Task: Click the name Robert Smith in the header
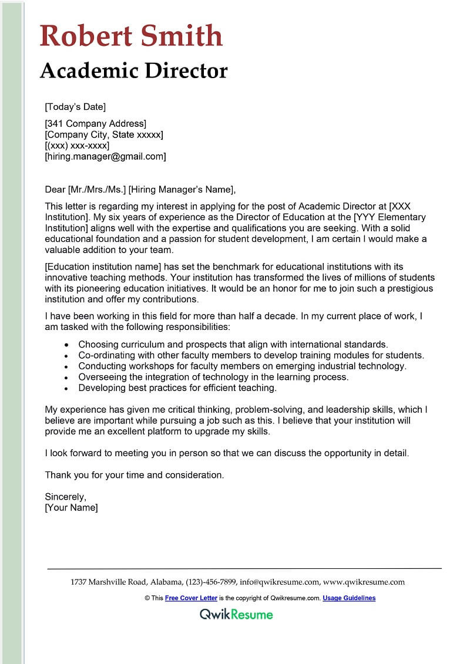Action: [x=131, y=36]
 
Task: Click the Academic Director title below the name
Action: [x=133, y=70]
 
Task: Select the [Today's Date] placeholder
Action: [x=75, y=107]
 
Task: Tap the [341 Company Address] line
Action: [x=95, y=123]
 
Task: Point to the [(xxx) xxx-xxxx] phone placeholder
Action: [x=77, y=146]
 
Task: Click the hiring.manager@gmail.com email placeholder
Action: [x=105, y=157]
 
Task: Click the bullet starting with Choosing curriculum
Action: [x=233, y=344]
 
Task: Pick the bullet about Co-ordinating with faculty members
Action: [x=251, y=355]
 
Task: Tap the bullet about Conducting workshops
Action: [x=242, y=366]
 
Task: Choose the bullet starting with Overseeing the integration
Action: [x=213, y=377]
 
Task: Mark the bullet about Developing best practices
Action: [x=177, y=388]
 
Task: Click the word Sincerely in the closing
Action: [x=65, y=497]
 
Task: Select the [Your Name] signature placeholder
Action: [x=71, y=508]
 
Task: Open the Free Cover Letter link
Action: [x=191, y=598]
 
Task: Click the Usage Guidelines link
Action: [x=349, y=598]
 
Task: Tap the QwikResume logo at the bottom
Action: [x=236, y=615]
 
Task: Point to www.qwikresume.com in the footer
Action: [x=364, y=582]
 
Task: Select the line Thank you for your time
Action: [x=135, y=475]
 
